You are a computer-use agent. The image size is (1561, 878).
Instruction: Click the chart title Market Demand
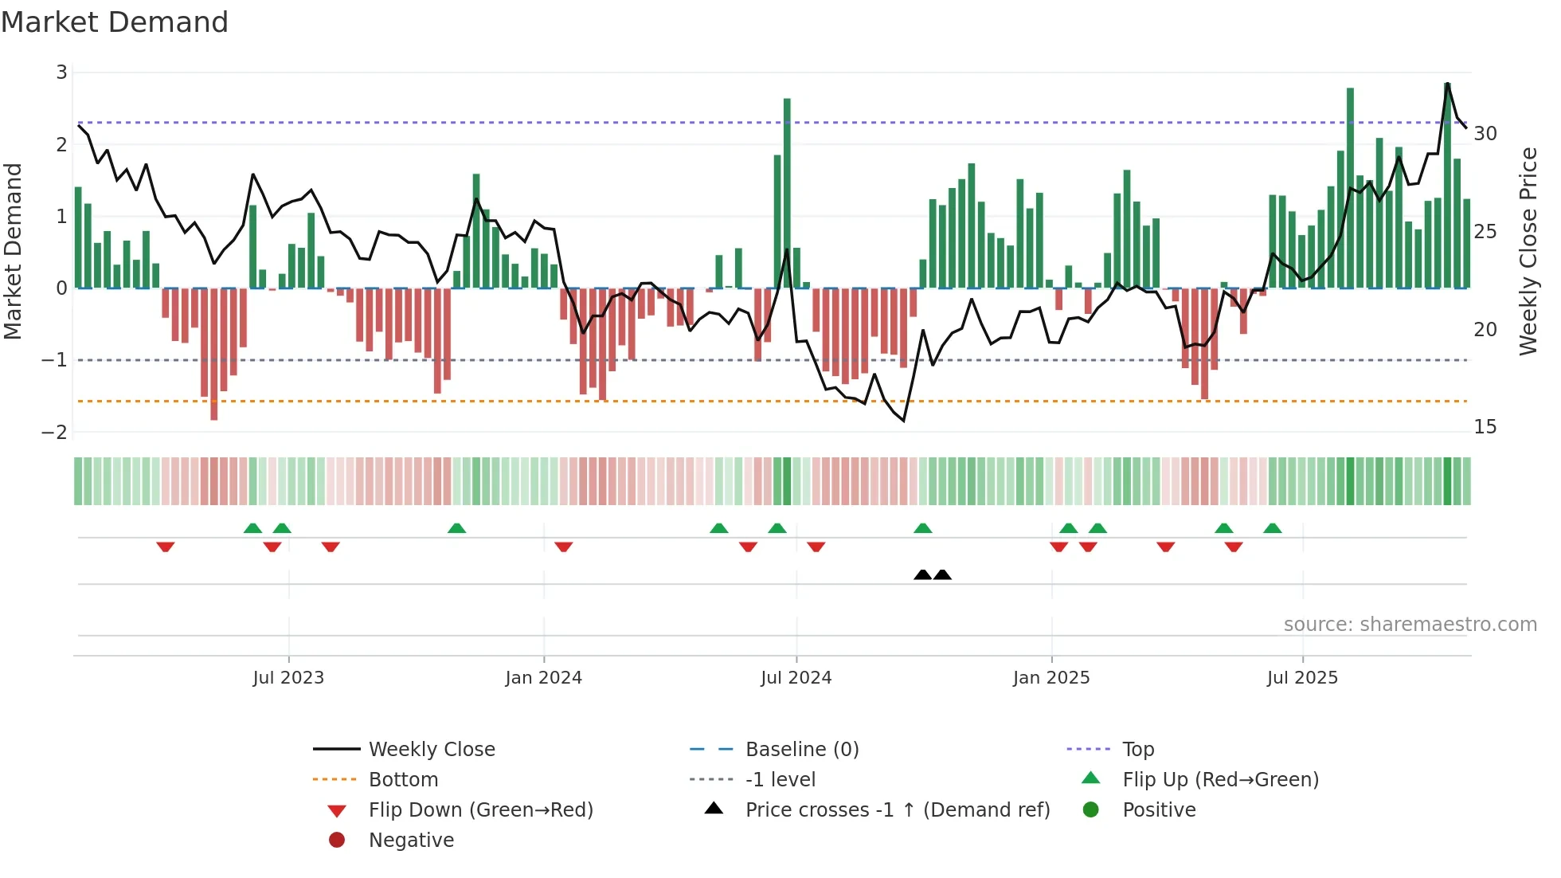pyautogui.click(x=115, y=22)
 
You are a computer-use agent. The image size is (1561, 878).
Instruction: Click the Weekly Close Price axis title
pyautogui.click(x=1528, y=251)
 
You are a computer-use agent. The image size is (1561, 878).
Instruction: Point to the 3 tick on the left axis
pyautogui.click(x=61, y=73)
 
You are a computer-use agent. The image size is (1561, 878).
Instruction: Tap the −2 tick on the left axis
pyautogui.click(x=55, y=433)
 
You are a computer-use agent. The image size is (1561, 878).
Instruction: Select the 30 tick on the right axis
pyautogui.click(x=1485, y=134)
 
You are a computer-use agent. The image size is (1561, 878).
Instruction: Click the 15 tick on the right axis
pyautogui.click(x=1485, y=427)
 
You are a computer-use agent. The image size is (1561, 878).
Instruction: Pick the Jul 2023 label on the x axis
pyautogui.click(x=288, y=678)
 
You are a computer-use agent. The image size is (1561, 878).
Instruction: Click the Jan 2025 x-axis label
pyautogui.click(x=1051, y=678)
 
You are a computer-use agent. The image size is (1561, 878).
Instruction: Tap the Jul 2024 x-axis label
pyautogui.click(x=796, y=678)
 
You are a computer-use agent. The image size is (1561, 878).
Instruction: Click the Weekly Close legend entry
pyautogui.click(x=431, y=750)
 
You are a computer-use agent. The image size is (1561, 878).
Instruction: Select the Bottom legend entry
pyautogui.click(x=403, y=780)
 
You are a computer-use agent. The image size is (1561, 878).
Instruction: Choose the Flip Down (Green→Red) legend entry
pyautogui.click(x=480, y=810)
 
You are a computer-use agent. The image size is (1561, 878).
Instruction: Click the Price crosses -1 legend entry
pyautogui.click(x=897, y=810)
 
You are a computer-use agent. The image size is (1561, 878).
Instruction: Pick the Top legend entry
pyautogui.click(x=1138, y=750)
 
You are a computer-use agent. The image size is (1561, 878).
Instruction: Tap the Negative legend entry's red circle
pyautogui.click(x=337, y=841)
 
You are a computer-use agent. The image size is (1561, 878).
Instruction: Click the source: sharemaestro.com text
pyautogui.click(x=1410, y=625)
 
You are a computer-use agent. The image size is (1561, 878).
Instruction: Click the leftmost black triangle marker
pyautogui.click(x=922, y=574)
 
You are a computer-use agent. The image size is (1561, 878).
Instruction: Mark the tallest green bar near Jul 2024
pyautogui.click(x=787, y=191)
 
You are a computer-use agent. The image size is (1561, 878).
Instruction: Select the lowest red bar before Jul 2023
pyautogui.click(x=213, y=355)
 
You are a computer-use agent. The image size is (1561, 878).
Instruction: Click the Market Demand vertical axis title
pyautogui.click(x=13, y=251)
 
